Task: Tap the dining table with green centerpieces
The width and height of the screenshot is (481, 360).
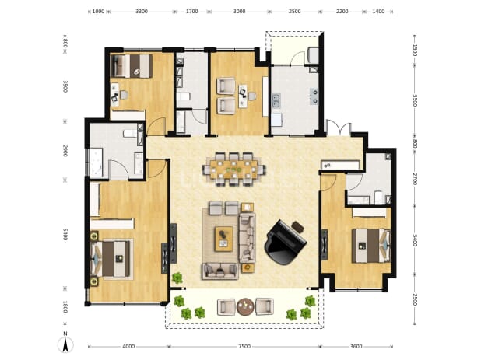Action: pos(234,170)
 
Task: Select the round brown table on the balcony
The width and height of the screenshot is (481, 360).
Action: pos(245,306)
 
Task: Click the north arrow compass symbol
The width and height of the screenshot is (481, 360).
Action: pos(65,343)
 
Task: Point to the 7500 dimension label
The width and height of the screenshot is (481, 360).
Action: pos(244,347)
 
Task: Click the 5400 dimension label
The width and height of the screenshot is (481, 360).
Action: pos(65,234)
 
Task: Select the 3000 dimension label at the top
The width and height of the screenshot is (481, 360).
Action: pos(239,12)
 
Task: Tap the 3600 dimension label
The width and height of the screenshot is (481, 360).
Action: pos(356,347)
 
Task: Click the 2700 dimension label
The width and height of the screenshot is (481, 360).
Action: pos(414,179)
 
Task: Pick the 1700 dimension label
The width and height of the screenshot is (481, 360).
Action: pos(191,12)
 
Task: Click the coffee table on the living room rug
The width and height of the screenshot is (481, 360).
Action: pos(223,239)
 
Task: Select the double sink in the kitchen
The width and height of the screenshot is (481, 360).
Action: pos(276,100)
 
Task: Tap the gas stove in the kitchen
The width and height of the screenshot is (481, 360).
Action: pos(314,96)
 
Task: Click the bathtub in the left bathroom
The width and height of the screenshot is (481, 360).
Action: pos(96,163)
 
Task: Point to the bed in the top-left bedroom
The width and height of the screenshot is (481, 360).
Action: pos(131,66)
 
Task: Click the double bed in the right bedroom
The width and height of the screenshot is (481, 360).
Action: pos(371,246)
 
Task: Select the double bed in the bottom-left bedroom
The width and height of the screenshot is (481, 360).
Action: pos(112,259)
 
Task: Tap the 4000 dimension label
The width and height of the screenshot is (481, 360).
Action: pos(128,347)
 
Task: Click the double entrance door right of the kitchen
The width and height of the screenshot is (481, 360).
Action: pos(339,128)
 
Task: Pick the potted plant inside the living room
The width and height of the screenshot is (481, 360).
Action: pos(177,278)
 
